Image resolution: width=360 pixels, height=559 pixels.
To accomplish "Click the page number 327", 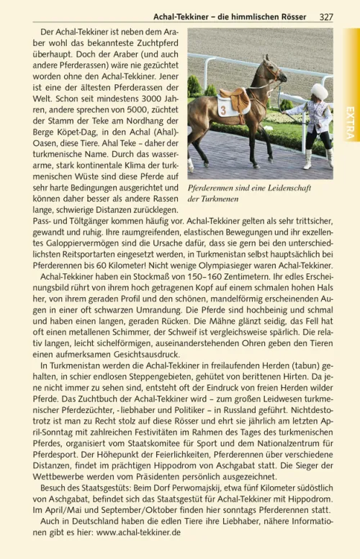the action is [325, 17].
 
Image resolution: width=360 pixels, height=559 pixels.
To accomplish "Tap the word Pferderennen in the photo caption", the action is [213, 187].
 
